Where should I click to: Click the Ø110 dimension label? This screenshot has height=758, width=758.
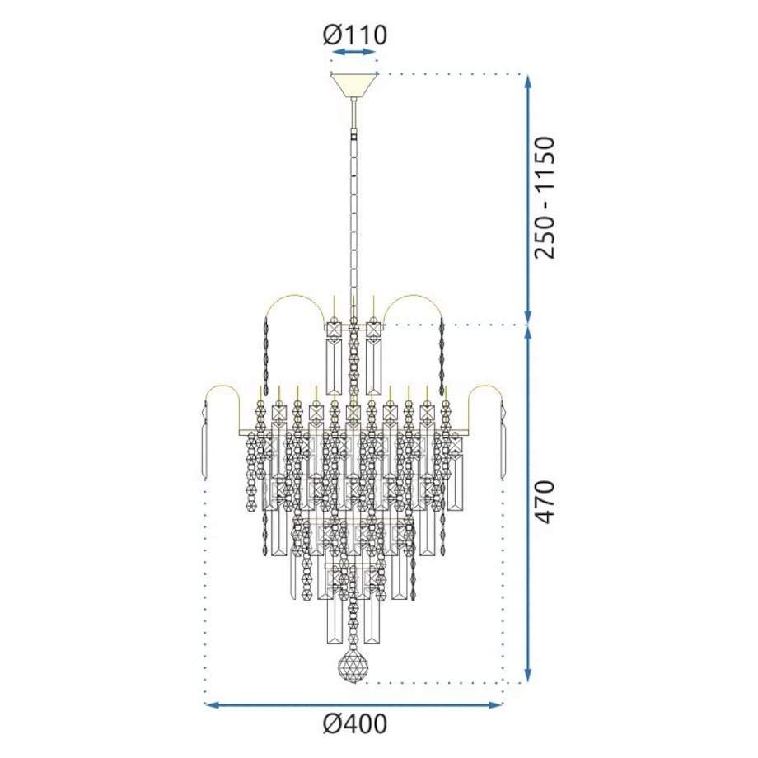354,35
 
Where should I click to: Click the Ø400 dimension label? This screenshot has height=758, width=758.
354,724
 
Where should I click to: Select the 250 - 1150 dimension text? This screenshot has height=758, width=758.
545,198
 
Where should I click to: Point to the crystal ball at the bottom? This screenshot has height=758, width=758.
353,668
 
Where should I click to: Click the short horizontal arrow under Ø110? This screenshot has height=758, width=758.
353,54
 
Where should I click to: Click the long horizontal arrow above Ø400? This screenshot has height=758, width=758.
353,704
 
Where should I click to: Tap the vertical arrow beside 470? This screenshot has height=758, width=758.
528,503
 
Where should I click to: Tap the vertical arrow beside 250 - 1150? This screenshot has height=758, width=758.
528,198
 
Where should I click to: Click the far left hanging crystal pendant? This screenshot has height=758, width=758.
204,441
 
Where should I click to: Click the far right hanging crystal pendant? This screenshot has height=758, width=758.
503,441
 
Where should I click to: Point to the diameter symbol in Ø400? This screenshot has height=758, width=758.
332,724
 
